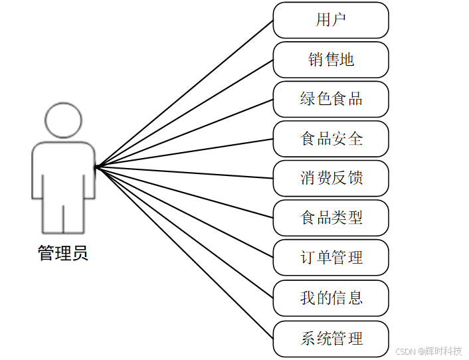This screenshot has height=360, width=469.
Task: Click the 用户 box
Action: point(331,20)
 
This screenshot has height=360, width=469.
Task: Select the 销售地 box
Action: point(331,60)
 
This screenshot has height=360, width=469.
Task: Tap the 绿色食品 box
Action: point(331,99)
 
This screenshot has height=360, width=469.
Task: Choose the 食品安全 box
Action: point(331,139)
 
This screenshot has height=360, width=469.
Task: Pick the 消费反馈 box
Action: point(331,178)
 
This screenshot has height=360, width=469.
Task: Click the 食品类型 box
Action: point(331,218)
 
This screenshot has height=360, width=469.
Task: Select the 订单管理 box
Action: point(331,257)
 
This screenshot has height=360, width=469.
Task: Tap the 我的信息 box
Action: point(331,297)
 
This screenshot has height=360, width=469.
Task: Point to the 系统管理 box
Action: point(331,338)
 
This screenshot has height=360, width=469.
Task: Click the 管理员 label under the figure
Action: point(63,254)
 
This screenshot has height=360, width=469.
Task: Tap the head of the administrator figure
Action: point(64,120)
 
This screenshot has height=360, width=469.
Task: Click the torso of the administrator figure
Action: point(64,169)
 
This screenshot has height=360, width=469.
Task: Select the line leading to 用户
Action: point(185,93)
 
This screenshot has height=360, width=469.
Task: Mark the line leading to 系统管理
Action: point(185,252)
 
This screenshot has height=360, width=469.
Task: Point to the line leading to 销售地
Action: point(185,113)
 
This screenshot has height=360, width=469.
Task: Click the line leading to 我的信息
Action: point(185,232)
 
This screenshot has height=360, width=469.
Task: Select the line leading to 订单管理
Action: point(185,212)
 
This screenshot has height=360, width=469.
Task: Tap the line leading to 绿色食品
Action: point(185,133)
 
